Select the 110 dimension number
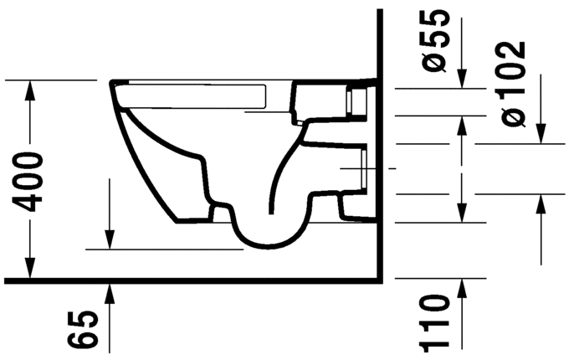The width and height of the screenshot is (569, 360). point(437,322)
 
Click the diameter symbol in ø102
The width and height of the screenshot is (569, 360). point(515,116)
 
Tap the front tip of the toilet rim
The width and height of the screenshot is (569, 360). point(110,82)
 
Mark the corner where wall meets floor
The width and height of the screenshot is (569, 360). point(381,280)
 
